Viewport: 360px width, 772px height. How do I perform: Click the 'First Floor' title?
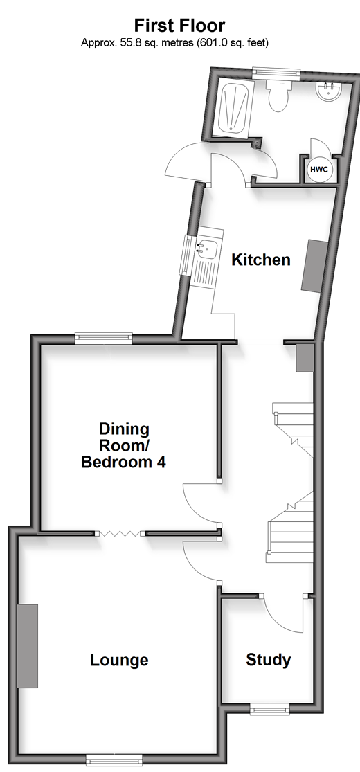click(x=179, y=25)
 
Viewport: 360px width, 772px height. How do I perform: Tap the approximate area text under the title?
click(x=175, y=43)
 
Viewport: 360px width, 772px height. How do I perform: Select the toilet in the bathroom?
click(x=279, y=95)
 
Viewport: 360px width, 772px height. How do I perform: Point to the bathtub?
click(x=233, y=107)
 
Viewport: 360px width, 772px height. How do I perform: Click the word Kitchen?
click(x=261, y=260)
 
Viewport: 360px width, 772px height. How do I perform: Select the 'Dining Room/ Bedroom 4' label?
click(x=124, y=445)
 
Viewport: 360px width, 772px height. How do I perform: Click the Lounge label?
click(x=119, y=660)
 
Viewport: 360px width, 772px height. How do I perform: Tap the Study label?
click(x=269, y=660)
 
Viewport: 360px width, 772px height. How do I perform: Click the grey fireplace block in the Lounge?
click(x=28, y=645)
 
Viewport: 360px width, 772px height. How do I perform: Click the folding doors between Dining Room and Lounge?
click(x=120, y=533)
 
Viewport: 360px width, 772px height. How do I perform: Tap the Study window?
click(x=270, y=709)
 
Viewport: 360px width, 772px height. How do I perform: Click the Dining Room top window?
click(x=104, y=337)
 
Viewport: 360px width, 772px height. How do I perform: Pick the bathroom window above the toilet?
click(x=276, y=73)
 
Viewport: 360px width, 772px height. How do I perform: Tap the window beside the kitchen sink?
click(x=188, y=255)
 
